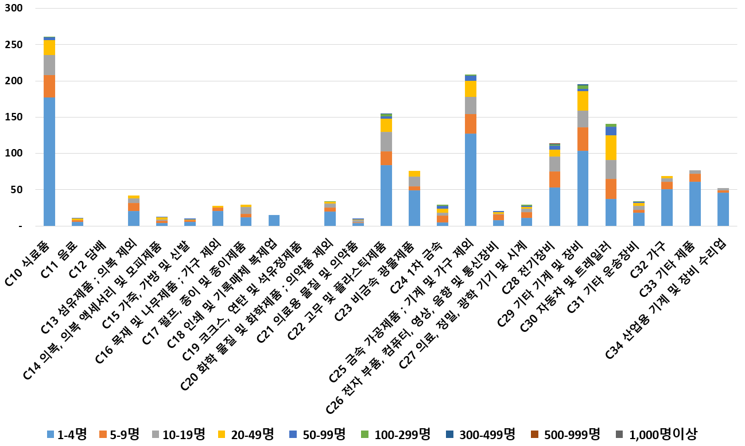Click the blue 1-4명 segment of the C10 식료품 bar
pos(49,162)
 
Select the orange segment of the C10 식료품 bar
pos(49,86)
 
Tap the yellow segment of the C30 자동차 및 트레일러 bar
pos(611,147)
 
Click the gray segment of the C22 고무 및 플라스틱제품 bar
pos(386,141)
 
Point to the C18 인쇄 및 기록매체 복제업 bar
pos(274,220)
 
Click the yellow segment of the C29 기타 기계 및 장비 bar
pos(583,101)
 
